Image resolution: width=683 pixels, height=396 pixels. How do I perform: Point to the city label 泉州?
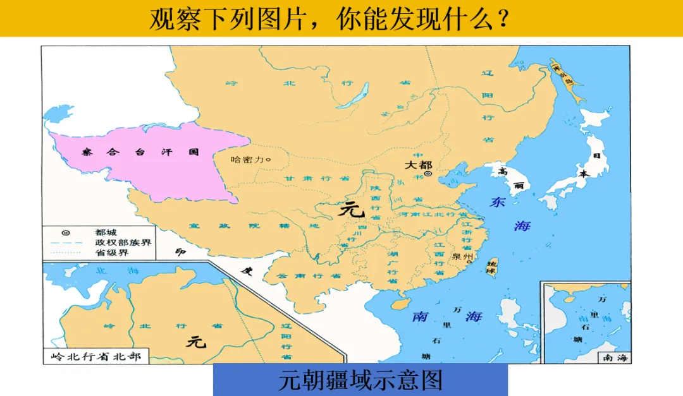tap(462, 257)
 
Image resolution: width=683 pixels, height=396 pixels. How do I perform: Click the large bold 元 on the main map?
tap(352, 208)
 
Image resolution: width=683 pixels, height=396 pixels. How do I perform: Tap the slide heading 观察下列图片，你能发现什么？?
tap(329, 19)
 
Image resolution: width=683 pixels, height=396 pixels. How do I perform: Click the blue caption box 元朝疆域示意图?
tap(360, 380)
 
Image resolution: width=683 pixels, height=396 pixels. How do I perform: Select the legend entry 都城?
tap(106, 232)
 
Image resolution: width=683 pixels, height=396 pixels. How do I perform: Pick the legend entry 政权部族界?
tap(123, 243)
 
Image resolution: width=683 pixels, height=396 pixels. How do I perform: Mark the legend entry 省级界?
tap(111, 253)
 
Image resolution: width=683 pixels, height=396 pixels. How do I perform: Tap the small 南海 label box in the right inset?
tap(615, 358)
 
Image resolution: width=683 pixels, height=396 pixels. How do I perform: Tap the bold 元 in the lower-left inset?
tap(196, 342)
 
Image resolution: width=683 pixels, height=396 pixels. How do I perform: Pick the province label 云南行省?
tap(301, 276)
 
